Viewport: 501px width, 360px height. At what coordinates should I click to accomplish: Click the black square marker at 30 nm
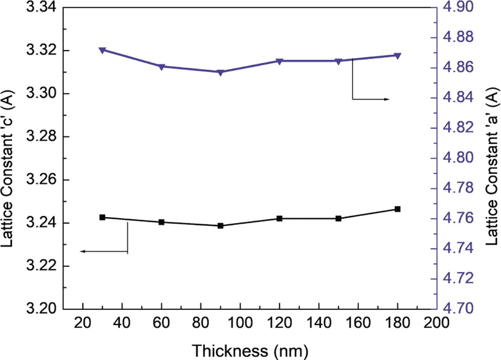pos(103,217)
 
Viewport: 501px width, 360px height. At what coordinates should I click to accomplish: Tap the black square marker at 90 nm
pos(220,226)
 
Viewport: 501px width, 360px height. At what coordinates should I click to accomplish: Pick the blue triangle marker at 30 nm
pos(103,50)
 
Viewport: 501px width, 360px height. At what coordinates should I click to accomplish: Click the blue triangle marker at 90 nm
pos(220,72)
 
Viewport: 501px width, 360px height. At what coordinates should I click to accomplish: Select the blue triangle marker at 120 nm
pos(279,62)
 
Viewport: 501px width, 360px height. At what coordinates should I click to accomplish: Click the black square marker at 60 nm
pos(161,222)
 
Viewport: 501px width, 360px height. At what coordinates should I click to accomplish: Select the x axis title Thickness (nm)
pos(250,349)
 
